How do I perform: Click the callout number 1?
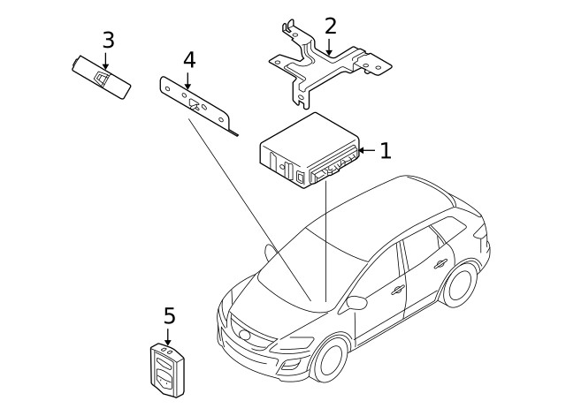click(x=385, y=151)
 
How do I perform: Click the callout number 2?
click(x=330, y=26)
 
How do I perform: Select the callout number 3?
click(x=108, y=40)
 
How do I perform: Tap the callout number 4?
click(x=187, y=60)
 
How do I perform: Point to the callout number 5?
click(x=169, y=315)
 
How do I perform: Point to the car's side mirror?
click(x=357, y=303)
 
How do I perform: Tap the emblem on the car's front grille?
click(x=244, y=334)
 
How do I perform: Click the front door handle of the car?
click(x=397, y=288)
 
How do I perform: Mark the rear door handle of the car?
click(x=440, y=262)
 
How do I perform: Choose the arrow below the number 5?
click(x=168, y=336)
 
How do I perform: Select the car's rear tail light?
click(x=481, y=236)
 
